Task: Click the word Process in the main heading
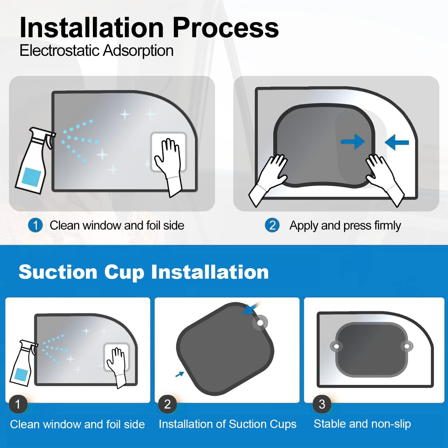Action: [225, 27]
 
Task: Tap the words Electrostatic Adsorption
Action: [96, 50]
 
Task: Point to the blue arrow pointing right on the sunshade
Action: [353, 141]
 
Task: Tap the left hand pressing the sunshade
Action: [268, 179]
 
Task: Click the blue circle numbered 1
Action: [36, 225]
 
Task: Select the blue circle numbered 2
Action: [272, 225]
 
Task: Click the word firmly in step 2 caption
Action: [387, 226]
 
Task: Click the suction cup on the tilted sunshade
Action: [260, 323]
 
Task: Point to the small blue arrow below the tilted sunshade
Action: [179, 374]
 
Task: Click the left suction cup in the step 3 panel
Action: [336, 346]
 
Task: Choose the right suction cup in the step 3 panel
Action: [407, 346]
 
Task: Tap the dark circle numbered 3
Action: [322, 404]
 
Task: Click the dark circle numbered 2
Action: [168, 404]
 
